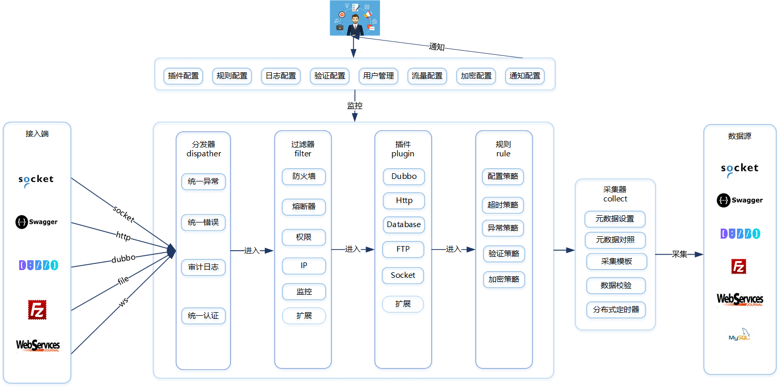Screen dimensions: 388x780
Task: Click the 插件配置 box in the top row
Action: pos(183,76)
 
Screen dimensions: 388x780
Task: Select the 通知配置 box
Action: pos(524,76)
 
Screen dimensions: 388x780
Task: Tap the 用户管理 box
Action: pos(378,76)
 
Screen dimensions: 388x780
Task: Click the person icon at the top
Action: pos(355,18)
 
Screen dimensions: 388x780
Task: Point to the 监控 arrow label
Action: pos(355,106)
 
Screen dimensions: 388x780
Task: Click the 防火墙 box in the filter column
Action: pos(304,176)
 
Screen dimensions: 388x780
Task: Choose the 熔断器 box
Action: pos(304,207)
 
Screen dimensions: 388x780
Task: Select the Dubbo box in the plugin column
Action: pos(404,176)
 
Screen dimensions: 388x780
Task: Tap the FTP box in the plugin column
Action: pos(403,249)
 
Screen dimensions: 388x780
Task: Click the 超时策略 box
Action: pos(503,205)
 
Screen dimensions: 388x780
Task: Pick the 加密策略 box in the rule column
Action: pos(504,279)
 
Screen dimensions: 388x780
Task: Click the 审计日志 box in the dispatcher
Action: pos(203,267)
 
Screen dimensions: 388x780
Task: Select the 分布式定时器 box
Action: pos(616,310)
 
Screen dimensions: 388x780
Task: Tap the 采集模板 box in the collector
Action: pos(617,261)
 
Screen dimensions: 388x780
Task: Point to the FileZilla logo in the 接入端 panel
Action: pos(37,310)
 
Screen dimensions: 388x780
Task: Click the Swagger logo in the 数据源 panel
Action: pos(740,200)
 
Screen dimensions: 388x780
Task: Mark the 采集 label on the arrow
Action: pos(679,254)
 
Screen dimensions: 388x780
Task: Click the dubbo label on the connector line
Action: pos(123,259)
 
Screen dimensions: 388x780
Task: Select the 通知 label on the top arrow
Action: pos(436,47)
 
